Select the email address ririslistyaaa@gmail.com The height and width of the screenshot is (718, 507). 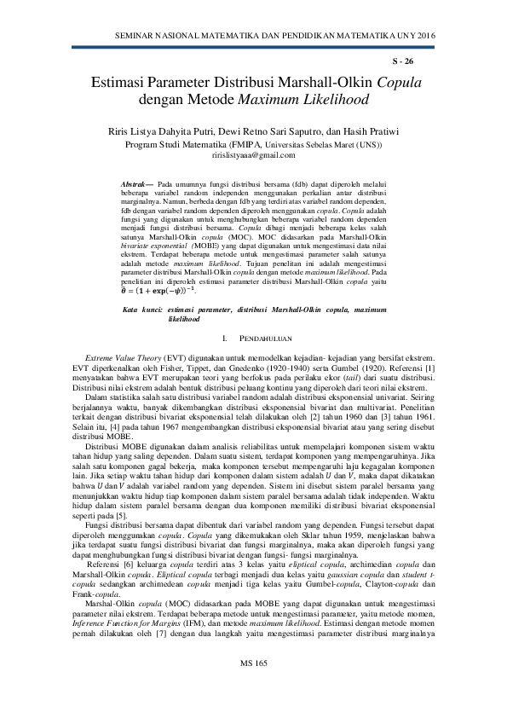coord(253,155)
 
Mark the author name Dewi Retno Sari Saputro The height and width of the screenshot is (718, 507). coord(272,132)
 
